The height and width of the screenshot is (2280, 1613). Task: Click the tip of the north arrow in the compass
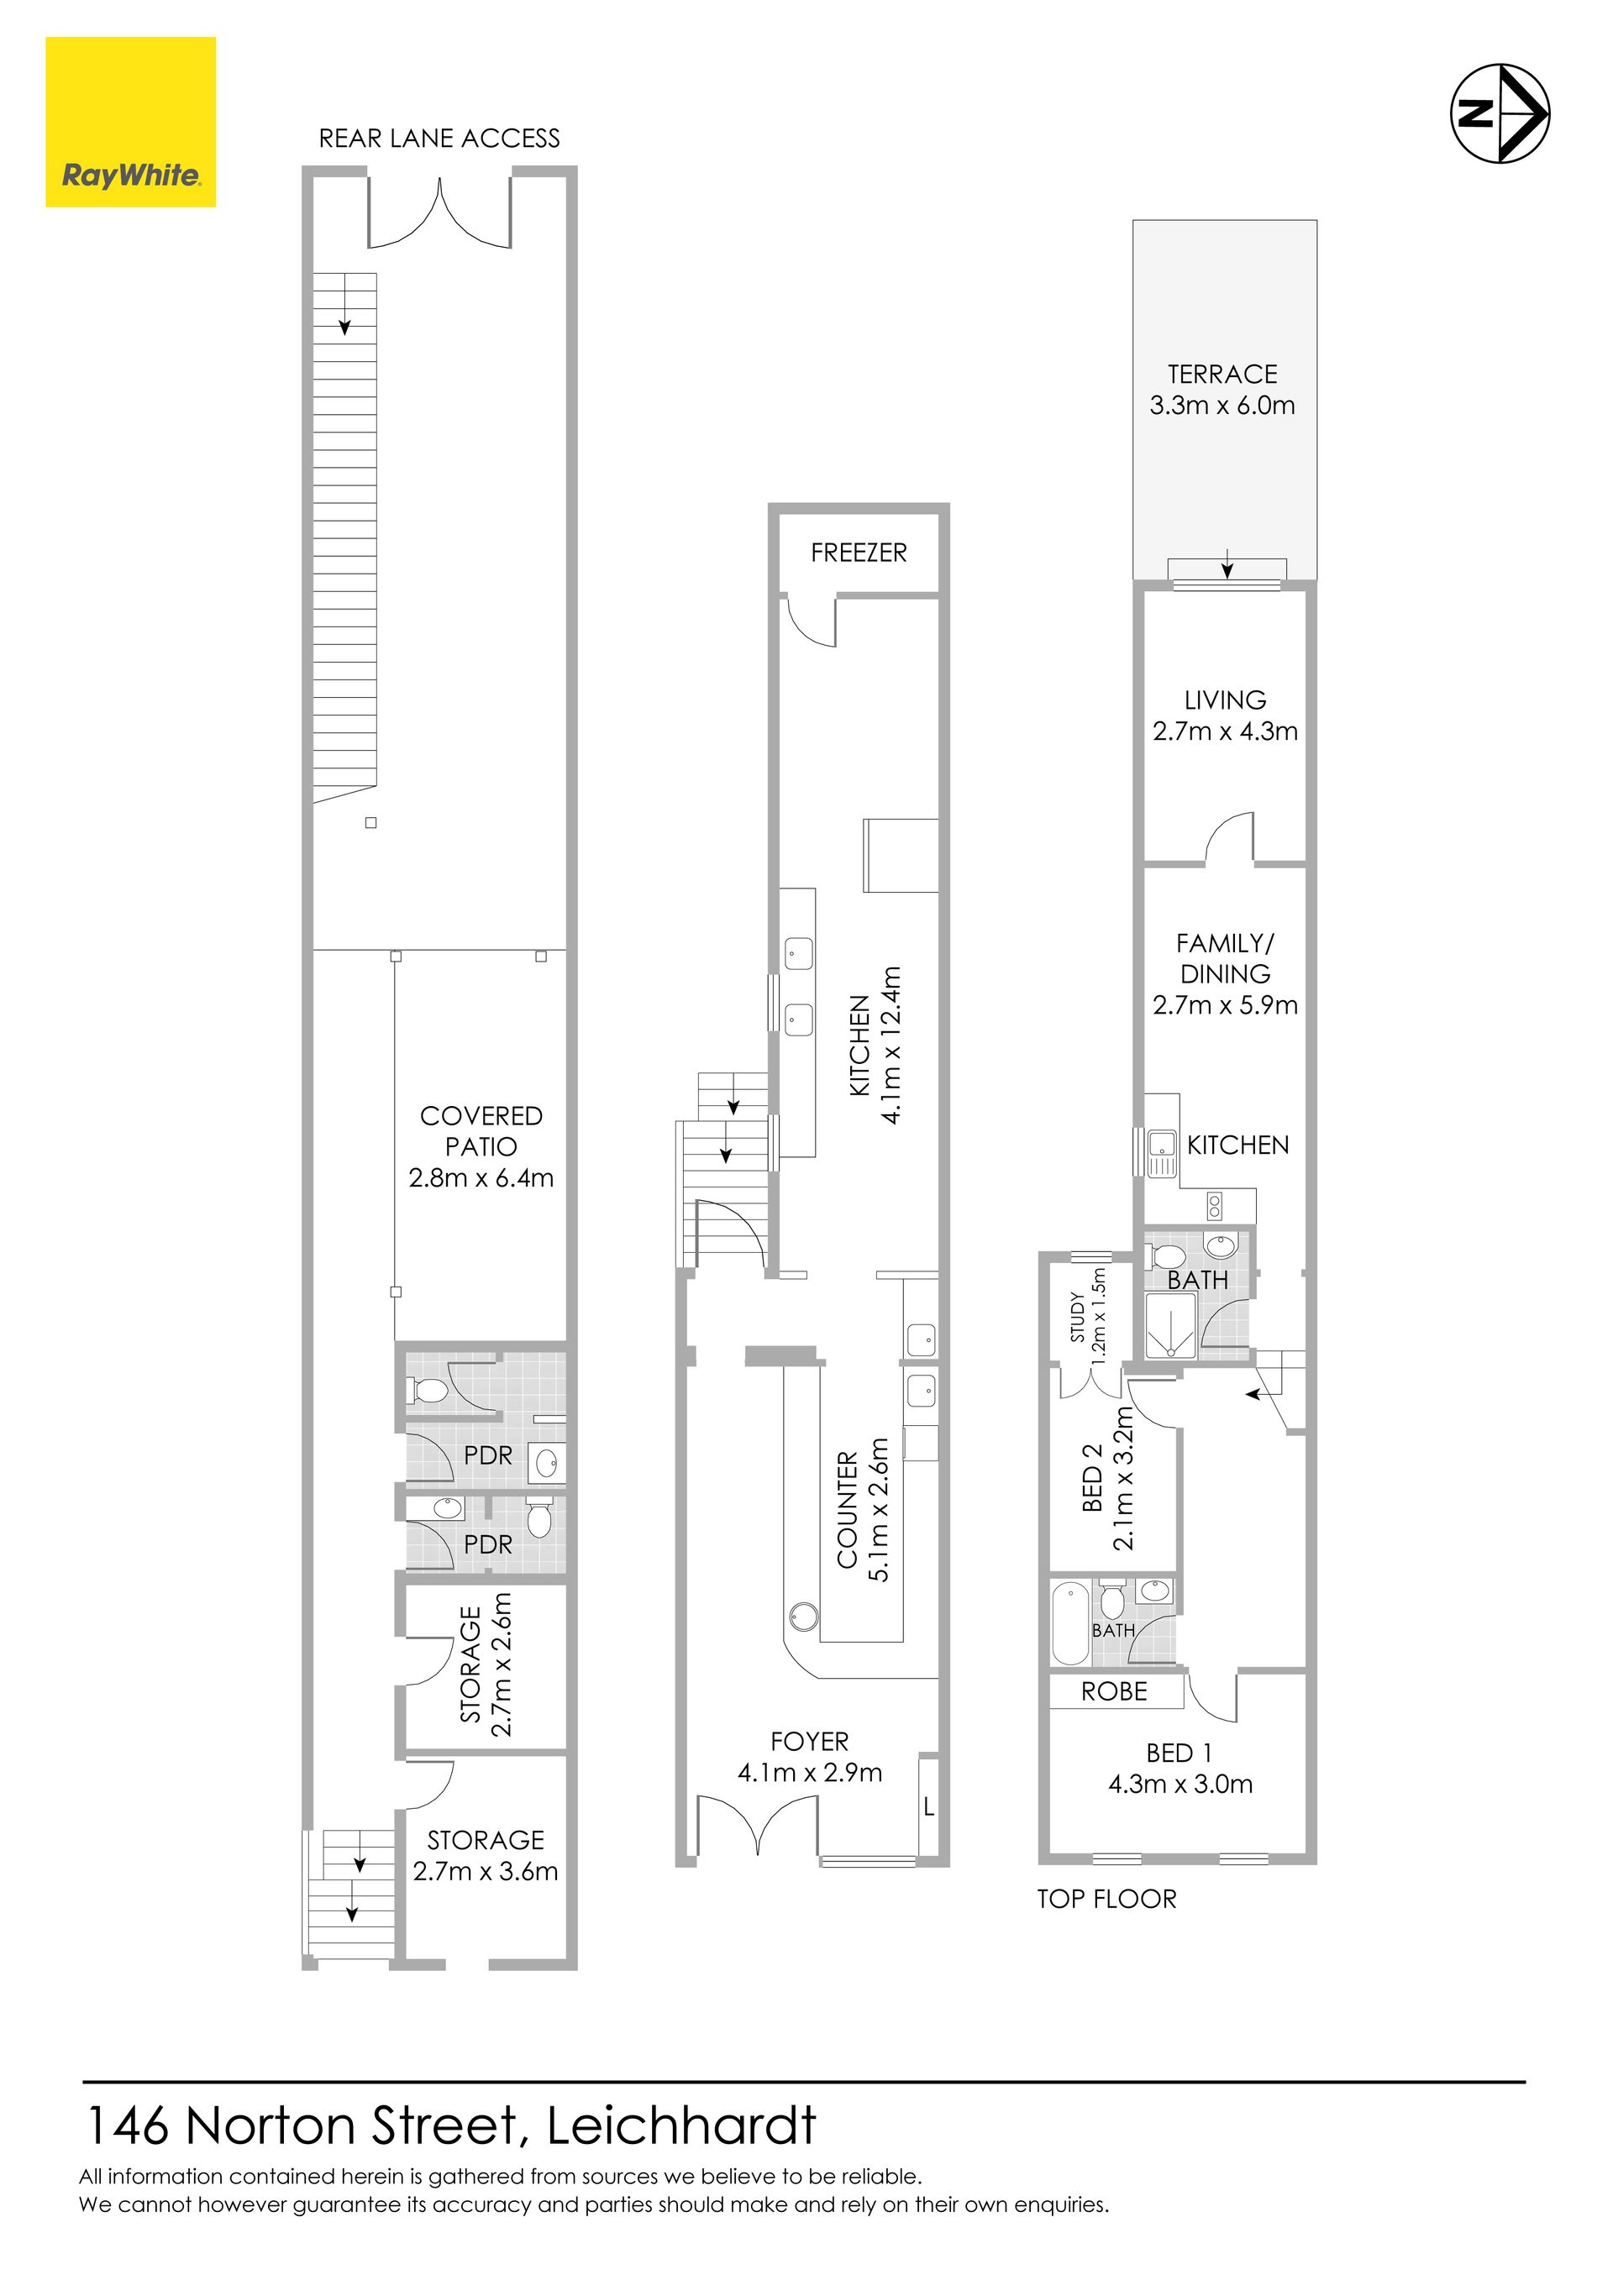coord(1548,113)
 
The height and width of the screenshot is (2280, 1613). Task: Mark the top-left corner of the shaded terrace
coord(1133,221)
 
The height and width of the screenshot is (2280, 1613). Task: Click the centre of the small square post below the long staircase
coord(370,822)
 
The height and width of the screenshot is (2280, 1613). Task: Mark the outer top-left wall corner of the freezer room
coord(769,505)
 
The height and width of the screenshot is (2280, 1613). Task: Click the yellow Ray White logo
coord(130,122)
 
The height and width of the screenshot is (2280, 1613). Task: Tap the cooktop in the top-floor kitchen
coord(1215,1206)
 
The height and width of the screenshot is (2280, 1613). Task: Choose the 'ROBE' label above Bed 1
coord(1115,1691)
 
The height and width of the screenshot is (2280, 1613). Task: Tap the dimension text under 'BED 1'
coord(1181,1785)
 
